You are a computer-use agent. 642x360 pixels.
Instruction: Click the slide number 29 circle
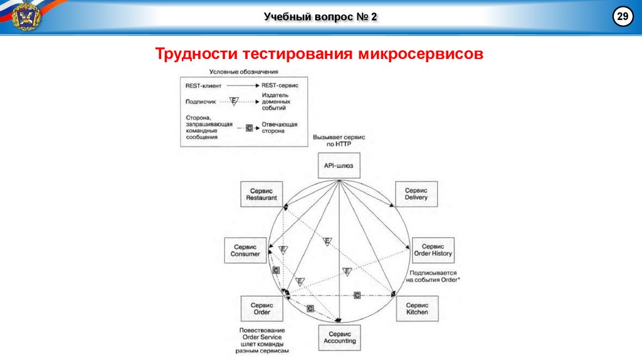(623, 16)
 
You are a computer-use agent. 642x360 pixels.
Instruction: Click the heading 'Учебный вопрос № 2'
(320, 16)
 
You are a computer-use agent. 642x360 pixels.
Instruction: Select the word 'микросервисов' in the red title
(421, 53)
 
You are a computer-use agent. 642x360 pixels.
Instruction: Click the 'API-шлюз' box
(339, 166)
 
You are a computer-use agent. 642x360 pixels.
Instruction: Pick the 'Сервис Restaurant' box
(261, 194)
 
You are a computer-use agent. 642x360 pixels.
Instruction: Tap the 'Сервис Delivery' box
(416, 194)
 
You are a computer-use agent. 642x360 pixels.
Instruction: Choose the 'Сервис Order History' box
(433, 250)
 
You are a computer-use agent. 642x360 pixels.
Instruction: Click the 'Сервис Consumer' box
(245, 250)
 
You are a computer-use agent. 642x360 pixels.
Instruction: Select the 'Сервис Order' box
(261, 308)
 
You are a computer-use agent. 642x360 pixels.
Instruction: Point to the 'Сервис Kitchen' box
(417, 308)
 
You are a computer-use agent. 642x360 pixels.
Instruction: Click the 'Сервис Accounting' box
(340, 337)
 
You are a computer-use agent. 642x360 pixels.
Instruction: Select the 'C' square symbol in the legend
(249, 127)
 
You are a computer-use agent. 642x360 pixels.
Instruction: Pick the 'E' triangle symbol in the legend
(234, 100)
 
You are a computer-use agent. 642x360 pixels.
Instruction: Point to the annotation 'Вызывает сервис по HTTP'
(339, 140)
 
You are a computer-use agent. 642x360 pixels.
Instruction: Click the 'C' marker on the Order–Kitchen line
(357, 295)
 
